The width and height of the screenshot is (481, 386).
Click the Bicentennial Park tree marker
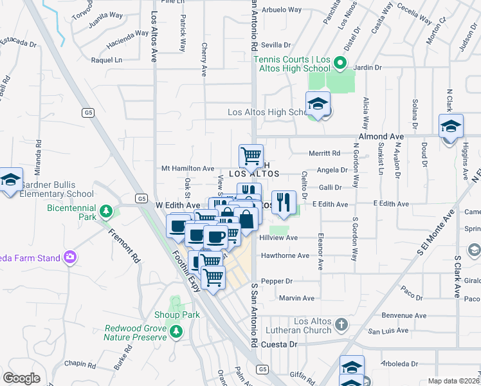pyautogui.click(x=108, y=211)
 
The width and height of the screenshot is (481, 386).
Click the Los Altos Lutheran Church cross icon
pyautogui.click(x=341, y=324)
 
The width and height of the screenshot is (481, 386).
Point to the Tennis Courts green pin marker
pyautogui.click(x=341, y=63)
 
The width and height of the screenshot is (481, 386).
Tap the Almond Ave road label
pyautogui.click(x=385, y=136)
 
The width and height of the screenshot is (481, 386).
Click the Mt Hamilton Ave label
pyautogui.click(x=187, y=168)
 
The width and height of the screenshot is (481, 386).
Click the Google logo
pyautogui.click(x=21, y=378)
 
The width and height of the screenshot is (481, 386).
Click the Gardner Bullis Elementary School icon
pyautogui.click(x=10, y=179)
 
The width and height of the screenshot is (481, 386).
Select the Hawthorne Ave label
pyautogui.click(x=284, y=255)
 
